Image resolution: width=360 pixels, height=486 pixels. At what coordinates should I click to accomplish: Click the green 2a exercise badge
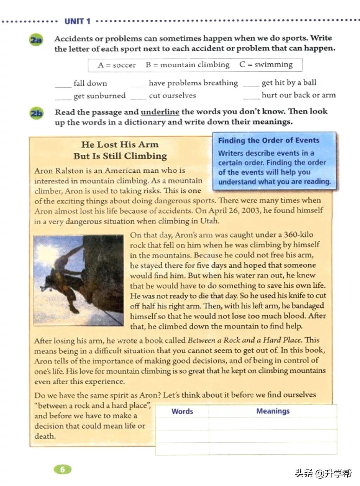36,40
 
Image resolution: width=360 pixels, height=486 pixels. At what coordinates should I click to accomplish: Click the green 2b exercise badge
36,114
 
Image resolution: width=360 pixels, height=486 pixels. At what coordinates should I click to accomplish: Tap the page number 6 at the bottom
63,469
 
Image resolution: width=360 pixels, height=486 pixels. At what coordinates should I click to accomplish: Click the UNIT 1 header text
77,21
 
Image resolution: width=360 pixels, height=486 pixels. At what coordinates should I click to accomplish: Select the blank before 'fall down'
63,84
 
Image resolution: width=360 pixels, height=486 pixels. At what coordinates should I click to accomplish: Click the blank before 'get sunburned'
63,97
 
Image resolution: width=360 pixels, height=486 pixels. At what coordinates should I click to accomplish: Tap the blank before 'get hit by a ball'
251,84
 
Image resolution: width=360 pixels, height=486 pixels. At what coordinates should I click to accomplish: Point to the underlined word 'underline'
160,112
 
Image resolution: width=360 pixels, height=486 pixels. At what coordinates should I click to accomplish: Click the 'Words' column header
182,411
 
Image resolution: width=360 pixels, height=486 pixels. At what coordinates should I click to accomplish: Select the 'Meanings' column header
273,411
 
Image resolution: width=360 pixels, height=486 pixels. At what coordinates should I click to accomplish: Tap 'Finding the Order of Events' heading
269,140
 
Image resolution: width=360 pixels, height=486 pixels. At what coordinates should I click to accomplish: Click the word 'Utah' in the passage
209,221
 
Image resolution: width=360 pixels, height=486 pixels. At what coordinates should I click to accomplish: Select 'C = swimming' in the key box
266,64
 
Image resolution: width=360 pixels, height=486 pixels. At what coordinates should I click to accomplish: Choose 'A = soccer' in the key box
117,65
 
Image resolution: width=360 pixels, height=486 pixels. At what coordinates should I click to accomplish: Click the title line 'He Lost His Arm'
120,144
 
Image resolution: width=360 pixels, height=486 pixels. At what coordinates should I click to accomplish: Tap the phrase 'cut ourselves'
172,95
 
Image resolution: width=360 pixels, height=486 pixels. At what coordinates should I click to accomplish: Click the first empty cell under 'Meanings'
273,424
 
